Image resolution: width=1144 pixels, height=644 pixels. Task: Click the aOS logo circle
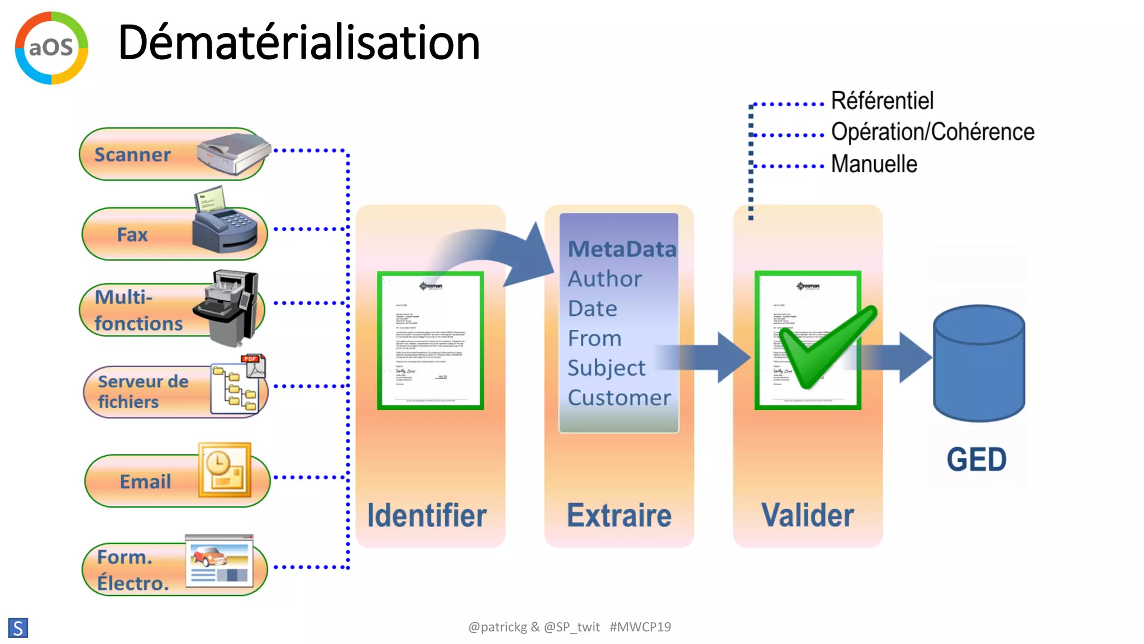[51, 48]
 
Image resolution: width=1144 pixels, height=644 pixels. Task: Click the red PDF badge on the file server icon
[250, 359]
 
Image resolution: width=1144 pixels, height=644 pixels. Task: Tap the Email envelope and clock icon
[225, 470]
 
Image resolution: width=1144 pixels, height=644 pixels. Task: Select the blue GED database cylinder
[979, 363]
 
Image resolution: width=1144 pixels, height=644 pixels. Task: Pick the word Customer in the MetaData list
[619, 398]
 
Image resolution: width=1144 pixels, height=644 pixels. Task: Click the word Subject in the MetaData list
[607, 368]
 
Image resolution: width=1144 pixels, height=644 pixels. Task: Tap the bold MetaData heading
[622, 249]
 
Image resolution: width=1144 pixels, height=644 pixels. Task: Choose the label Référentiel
[882, 101]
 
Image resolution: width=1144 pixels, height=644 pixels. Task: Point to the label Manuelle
[874, 164]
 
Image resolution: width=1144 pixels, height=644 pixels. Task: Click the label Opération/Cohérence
[932, 132]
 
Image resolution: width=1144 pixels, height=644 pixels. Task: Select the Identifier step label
[427, 515]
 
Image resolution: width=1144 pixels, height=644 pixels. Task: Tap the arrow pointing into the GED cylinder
[905, 358]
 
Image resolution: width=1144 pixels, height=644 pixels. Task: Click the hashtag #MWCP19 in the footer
[640, 627]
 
